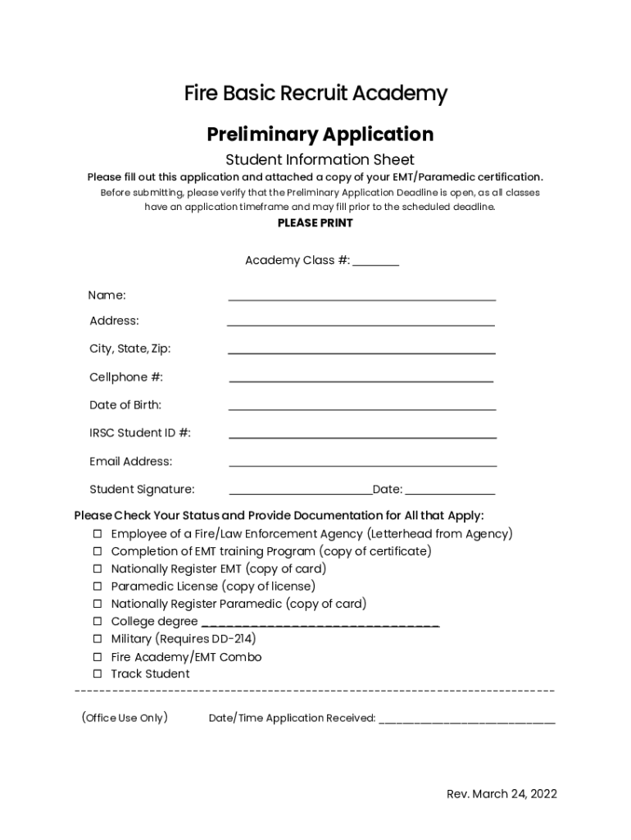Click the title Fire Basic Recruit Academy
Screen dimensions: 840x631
[315, 94]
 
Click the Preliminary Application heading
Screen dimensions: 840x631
[320, 134]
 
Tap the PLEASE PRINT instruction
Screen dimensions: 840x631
[315, 223]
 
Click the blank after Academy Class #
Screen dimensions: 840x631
[376, 262]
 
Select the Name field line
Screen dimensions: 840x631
[361, 297]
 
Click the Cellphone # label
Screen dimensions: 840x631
[126, 377]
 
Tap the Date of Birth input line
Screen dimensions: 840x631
[361, 406]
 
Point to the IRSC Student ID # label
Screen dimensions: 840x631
[140, 433]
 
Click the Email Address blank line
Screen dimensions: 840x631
[362, 463]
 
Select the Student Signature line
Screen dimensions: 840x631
[300, 491]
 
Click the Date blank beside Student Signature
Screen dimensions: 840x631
[450, 491]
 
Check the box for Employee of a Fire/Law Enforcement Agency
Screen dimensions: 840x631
[97, 534]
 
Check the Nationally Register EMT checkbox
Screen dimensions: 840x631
[97, 569]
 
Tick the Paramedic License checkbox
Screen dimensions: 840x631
[97, 587]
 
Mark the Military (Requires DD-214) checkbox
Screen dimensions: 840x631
[97, 639]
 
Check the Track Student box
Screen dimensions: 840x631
[97, 674]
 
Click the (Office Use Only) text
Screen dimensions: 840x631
[125, 718]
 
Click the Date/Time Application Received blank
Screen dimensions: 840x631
[467, 720]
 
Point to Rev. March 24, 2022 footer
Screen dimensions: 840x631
[502, 794]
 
